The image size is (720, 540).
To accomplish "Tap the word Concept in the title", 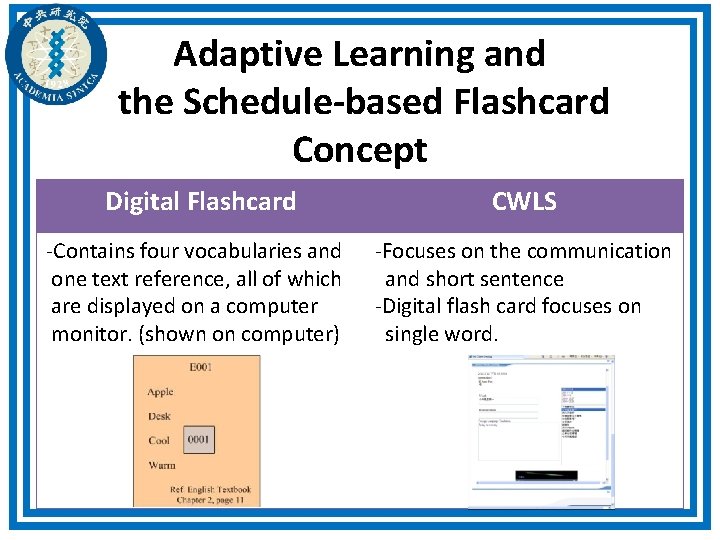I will [x=359, y=149].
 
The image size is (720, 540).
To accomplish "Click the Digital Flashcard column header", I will [x=200, y=201].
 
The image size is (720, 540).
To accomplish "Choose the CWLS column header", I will [x=524, y=201].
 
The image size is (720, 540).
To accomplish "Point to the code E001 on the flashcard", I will [x=201, y=368].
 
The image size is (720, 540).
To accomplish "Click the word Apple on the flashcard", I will [x=160, y=393].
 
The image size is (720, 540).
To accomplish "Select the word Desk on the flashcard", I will [x=159, y=416].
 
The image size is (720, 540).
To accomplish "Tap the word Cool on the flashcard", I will [x=159, y=440].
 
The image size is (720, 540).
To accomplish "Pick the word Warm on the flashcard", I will [x=161, y=465].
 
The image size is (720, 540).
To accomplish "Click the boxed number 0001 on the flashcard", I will [x=199, y=439].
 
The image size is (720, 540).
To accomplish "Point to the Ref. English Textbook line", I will [x=210, y=490].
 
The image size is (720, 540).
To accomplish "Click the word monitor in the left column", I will [x=92, y=334].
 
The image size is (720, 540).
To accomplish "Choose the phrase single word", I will [x=441, y=334].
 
